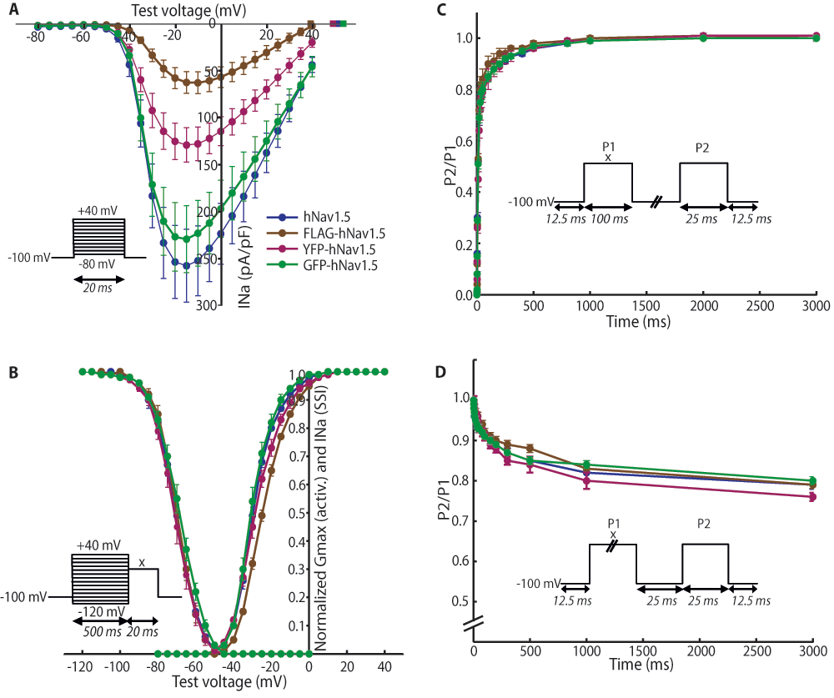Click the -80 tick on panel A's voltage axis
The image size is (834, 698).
(35, 38)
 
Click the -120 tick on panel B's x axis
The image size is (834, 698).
(81, 667)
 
